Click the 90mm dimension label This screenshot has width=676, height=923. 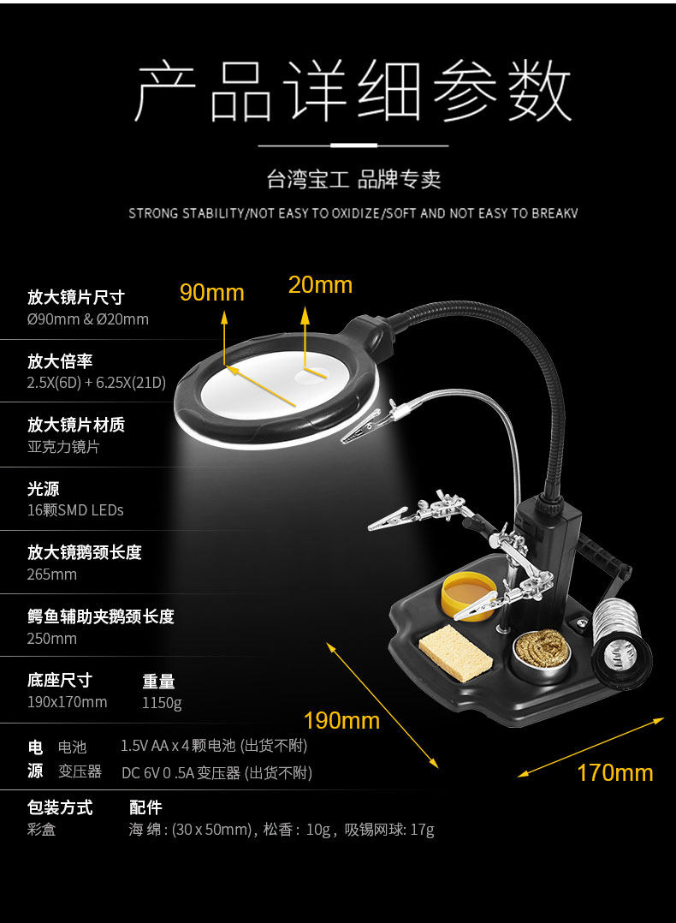point(211,293)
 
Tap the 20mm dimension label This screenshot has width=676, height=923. point(320,285)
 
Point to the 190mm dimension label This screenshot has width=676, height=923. point(341,720)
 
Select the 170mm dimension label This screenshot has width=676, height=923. point(614,773)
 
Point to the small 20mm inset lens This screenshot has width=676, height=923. point(312,373)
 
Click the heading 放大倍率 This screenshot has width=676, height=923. point(60,361)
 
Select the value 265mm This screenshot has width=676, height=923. point(51,575)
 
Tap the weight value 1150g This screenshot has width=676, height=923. point(162,703)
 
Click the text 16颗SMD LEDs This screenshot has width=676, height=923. point(75,510)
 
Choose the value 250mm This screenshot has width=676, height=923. point(51,639)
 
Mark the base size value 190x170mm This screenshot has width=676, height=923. point(67,703)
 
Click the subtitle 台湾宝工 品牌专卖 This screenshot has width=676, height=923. point(353,180)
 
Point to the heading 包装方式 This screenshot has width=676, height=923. point(60,807)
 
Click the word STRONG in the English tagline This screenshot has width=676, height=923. point(153,213)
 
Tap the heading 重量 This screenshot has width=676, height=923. point(158,682)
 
